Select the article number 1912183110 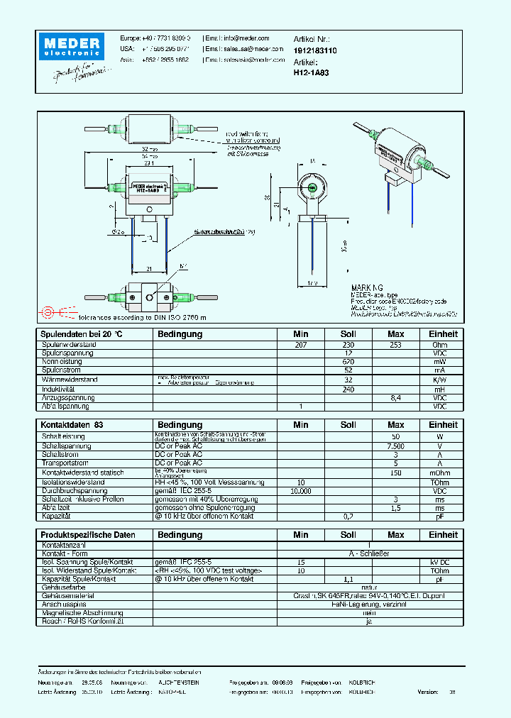[x=314, y=52]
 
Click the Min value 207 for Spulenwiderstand [x=300, y=345]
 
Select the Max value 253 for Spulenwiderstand [x=395, y=345]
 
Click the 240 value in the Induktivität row [x=348, y=390]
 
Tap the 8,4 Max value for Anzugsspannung [x=395, y=398]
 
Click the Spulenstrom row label [x=60, y=370]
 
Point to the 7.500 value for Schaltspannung [x=395, y=446]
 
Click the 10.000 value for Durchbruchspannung [x=300, y=490]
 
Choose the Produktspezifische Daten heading [x=87, y=534]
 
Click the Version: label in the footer [x=428, y=691]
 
